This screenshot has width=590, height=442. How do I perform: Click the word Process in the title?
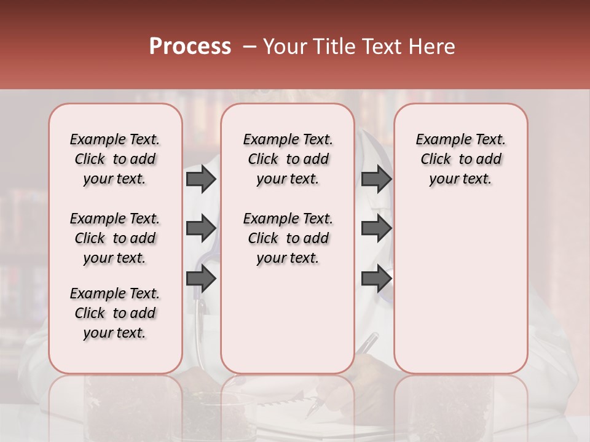click(x=189, y=47)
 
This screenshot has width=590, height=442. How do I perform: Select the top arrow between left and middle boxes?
click(x=201, y=179)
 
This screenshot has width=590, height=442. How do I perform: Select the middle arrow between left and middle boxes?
click(x=201, y=228)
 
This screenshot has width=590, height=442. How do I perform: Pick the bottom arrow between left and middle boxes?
click(x=201, y=279)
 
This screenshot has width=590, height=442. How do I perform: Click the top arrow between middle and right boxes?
click(x=376, y=179)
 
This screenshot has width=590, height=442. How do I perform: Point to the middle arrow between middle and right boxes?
click(x=376, y=228)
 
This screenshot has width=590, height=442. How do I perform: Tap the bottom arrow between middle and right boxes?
click(x=376, y=279)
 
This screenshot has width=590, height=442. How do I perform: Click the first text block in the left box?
click(x=115, y=159)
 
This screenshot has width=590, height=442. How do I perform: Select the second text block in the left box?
click(x=115, y=238)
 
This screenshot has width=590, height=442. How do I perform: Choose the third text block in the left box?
click(x=115, y=313)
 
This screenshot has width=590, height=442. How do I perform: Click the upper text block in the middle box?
click(x=288, y=159)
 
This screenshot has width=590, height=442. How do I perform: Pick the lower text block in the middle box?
click(x=288, y=238)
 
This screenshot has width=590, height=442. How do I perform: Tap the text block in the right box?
click(x=461, y=159)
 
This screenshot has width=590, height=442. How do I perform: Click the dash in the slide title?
click(x=248, y=47)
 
